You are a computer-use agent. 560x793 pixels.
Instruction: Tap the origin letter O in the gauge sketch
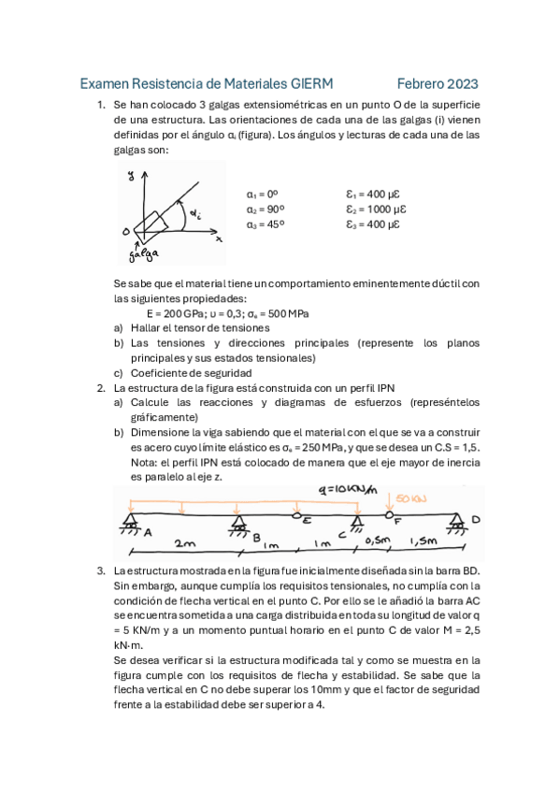pyautogui.click(x=125, y=230)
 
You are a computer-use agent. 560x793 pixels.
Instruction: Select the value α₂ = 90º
pyautogui.click(x=266, y=209)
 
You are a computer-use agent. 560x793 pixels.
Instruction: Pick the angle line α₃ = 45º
pyautogui.click(x=266, y=223)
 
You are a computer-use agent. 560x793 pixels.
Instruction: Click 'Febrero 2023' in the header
pyautogui.click(x=437, y=83)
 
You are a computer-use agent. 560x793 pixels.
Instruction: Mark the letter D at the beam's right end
pyautogui.click(x=476, y=520)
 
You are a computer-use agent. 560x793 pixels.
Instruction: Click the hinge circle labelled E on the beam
pyautogui.click(x=298, y=516)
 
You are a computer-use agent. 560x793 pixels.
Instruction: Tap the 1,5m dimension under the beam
pyautogui.click(x=425, y=541)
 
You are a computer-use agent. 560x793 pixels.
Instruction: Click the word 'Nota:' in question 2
pyautogui.click(x=144, y=462)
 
